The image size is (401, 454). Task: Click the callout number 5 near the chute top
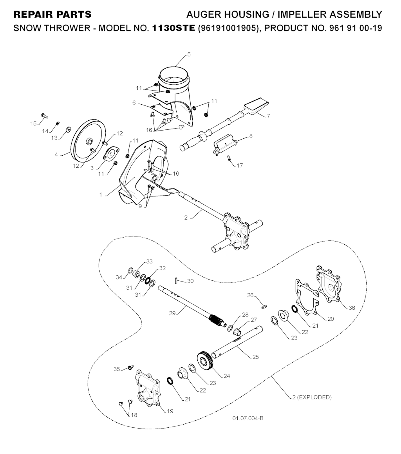tap(189, 54)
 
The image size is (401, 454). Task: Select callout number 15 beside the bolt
tap(34, 123)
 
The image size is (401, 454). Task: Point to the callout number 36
tap(352, 308)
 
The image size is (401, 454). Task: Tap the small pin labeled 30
tap(177, 281)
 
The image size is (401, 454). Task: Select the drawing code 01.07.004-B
tap(247, 418)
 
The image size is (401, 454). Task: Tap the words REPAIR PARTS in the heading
tap(52, 15)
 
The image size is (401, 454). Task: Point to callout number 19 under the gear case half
tap(170, 411)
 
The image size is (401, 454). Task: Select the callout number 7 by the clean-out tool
tap(269, 116)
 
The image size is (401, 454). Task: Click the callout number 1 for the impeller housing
tap(101, 194)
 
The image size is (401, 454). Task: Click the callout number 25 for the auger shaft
tap(255, 357)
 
